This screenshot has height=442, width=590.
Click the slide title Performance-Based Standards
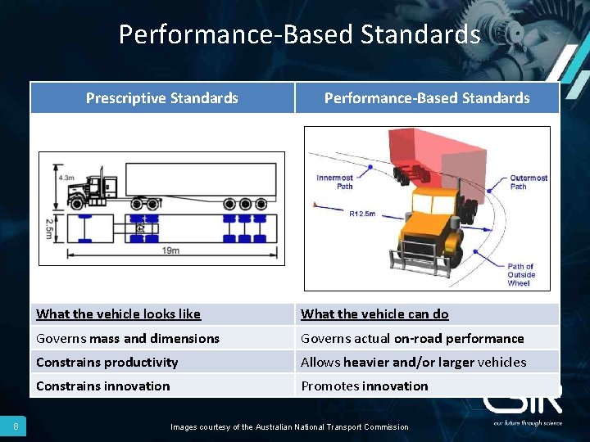(299, 34)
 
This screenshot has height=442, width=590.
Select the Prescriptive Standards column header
(162, 98)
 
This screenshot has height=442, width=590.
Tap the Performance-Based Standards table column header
(427, 98)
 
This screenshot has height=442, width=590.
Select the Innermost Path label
(334, 182)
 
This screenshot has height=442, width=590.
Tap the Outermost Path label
(529, 182)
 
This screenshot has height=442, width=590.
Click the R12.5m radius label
(362, 214)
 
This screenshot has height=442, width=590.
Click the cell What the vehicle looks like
(119, 314)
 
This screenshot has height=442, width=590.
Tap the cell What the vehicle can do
(374, 314)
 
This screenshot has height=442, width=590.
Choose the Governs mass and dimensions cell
(128, 338)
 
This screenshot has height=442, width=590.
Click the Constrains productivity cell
(107, 362)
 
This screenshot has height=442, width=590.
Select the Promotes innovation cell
(365, 386)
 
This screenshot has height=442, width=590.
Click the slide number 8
(16, 426)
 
